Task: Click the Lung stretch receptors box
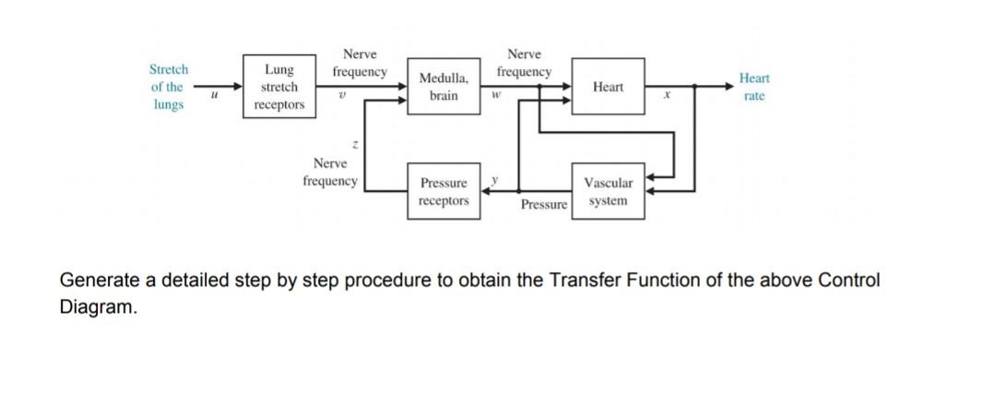click(x=279, y=87)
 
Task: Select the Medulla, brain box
click(x=444, y=87)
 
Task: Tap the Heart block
click(x=608, y=87)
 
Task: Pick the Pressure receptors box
click(x=444, y=192)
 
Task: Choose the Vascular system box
click(x=608, y=192)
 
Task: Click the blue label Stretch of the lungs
click(x=168, y=87)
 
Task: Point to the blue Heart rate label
click(x=753, y=88)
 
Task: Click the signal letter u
click(x=214, y=93)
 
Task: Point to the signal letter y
click(x=494, y=178)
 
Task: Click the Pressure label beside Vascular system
click(x=543, y=204)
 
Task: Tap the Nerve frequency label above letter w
click(x=524, y=63)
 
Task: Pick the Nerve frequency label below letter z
click(x=329, y=173)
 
